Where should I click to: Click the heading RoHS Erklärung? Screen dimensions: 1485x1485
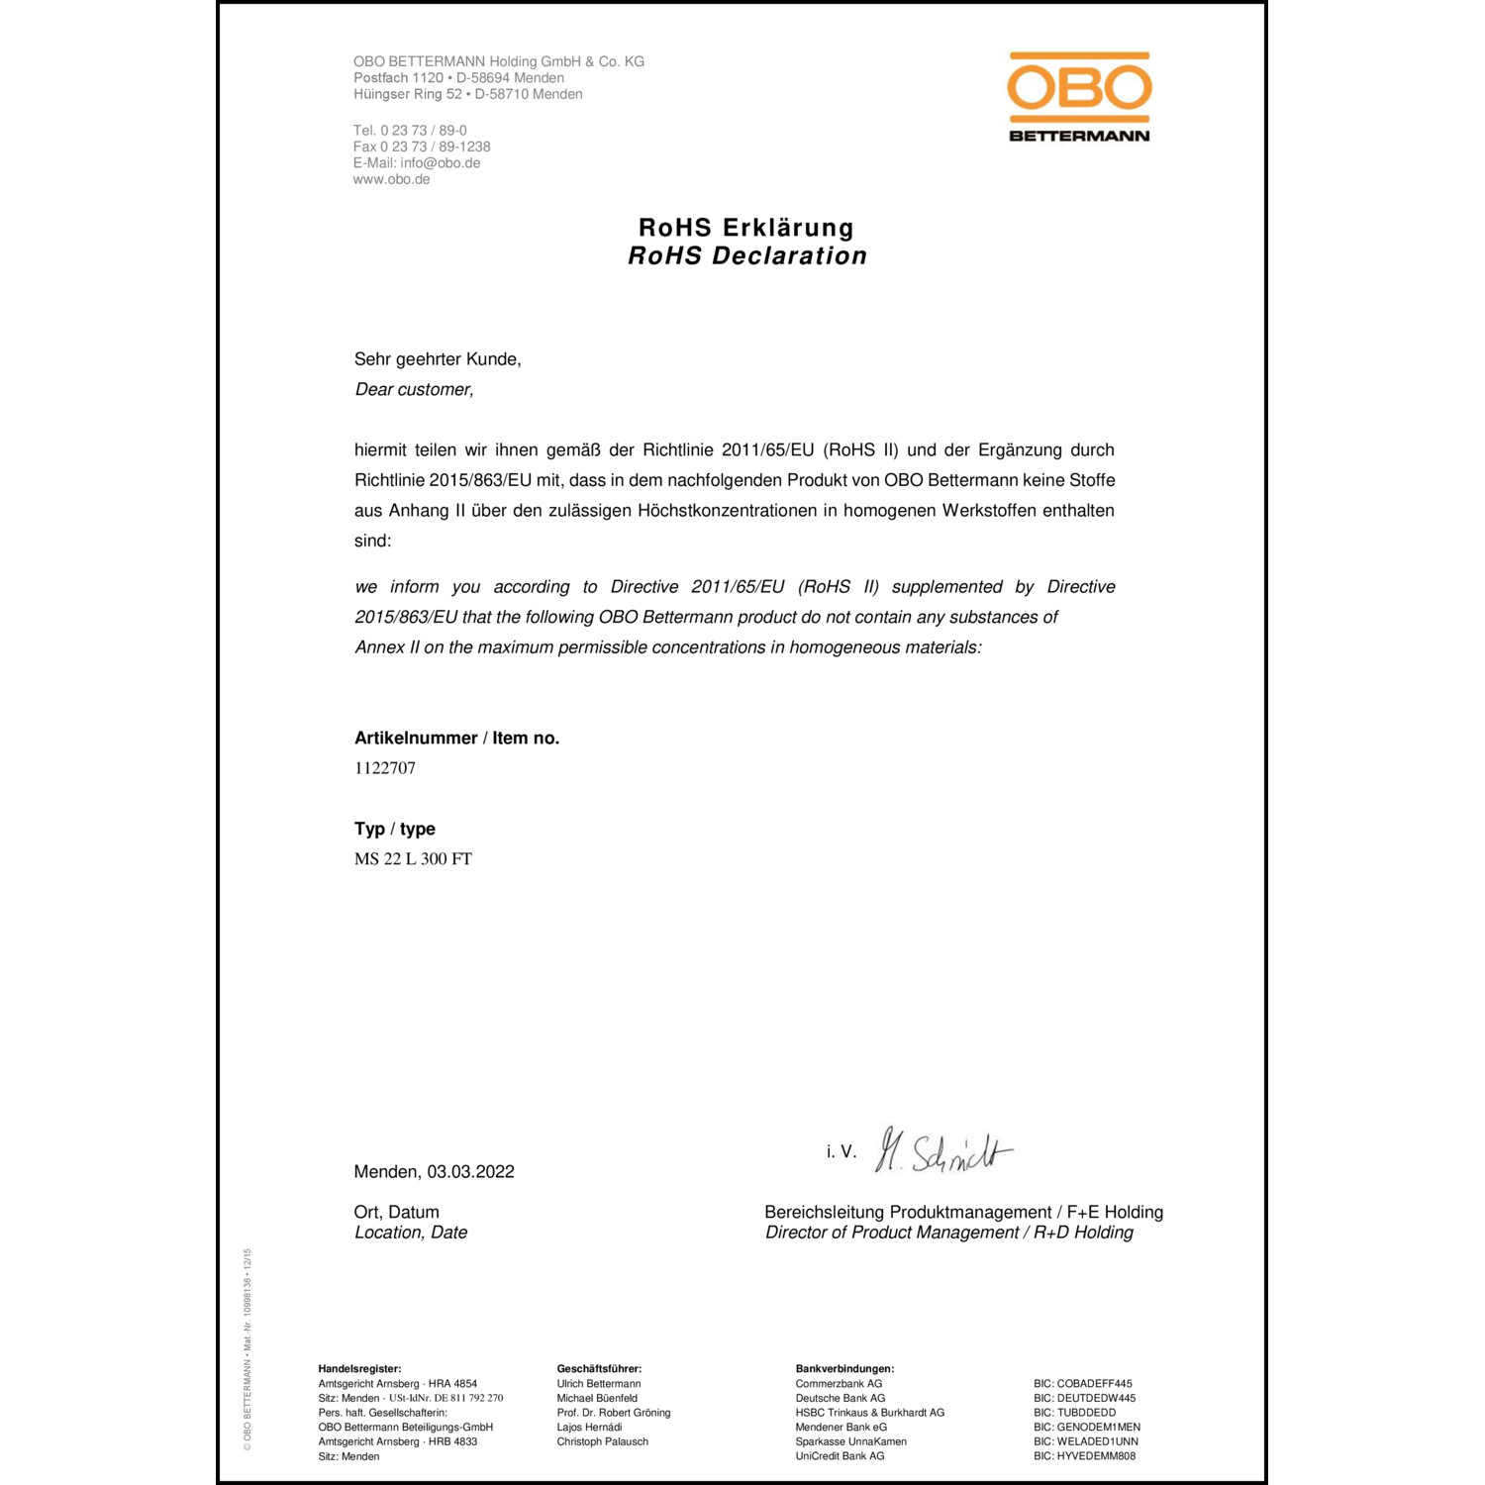(x=745, y=228)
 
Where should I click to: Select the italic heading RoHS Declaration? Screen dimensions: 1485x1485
(x=747, y=256)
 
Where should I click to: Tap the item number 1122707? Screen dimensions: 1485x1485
(x=385, y=768)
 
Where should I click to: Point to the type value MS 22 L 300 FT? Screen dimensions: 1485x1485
(x=413, y=859)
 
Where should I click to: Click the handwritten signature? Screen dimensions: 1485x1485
(x=943, y=1151)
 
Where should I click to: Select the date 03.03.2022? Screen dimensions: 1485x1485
(x=471, y=1172)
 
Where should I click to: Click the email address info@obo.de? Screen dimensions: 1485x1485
(x=441, y=163)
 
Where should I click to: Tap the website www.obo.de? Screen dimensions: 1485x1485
(x=391, y=179)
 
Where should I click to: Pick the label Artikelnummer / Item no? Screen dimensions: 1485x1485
(x=456, y=739)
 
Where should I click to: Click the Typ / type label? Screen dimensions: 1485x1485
(x=394, y=830)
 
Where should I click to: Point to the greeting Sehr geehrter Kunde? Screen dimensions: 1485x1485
(x=437, y=359)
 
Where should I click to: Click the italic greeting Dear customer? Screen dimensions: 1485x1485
(x=414, y=390)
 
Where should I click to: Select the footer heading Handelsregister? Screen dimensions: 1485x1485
(x=359, y=1369)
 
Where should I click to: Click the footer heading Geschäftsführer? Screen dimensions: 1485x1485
(x=599, y=1369)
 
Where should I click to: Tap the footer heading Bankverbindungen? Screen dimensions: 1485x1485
(x=844, y=1369)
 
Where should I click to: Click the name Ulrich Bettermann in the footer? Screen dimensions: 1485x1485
(x=598, y=1384)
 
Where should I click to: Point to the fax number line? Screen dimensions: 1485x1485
(x=422, y=147)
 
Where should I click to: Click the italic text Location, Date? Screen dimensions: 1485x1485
(x=411, y=1233)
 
